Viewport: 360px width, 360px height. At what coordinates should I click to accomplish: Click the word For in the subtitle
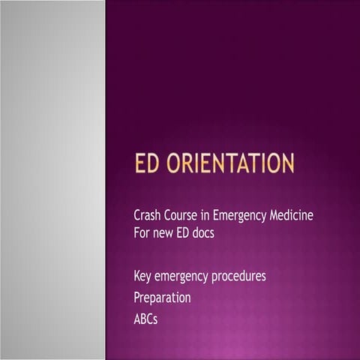click(x=142, y=232)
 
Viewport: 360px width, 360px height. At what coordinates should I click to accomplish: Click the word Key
click(x=142, y=277)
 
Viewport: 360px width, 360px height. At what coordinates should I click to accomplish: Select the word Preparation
click(x=161, y=298)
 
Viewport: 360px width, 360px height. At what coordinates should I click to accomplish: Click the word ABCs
click(x=145, y=319)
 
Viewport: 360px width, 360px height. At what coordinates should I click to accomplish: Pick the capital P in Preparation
click(x=136, y=298)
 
